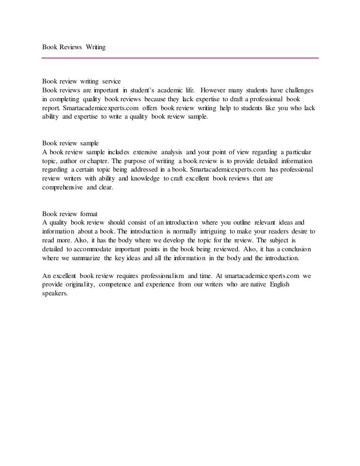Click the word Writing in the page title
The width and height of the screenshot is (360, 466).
pos(95,47)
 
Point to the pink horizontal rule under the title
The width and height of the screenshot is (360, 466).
pos(180,59)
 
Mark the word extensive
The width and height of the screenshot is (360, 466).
pos(145,151)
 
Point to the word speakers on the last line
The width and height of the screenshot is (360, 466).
pos(55,294)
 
